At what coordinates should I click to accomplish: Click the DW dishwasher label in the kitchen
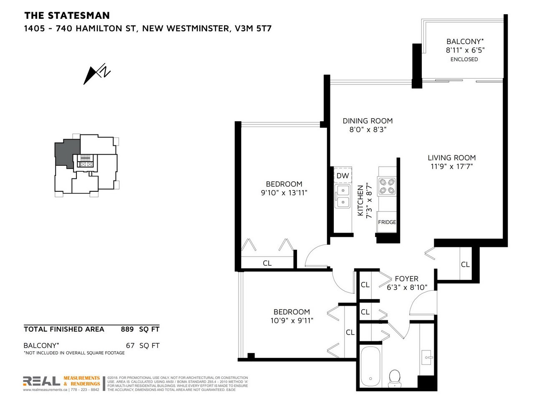(x=343, y=175)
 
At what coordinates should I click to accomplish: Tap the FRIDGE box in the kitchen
(x=387, y=222)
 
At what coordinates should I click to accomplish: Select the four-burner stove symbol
(x=387, y=186)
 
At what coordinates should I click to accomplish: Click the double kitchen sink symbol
(x=343, y=196)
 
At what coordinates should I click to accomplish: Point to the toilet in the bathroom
(x=394, y=379)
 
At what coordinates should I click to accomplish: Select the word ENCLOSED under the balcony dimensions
(x=464, y=59)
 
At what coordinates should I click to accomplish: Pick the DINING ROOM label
(x=368, y=121)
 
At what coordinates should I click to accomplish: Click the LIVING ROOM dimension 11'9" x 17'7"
(x=451, y=167)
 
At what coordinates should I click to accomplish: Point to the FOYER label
(x=406, y=279)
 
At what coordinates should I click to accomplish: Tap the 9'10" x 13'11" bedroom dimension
(x=284, y=193)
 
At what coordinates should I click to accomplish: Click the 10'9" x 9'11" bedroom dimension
(x=292, y=320)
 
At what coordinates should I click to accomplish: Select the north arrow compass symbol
(x=97, y=74)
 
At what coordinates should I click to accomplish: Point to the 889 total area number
(x=127, y=329)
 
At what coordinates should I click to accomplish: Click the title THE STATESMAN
(x=67, y=15)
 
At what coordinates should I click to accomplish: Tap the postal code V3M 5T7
(x=253, y=28)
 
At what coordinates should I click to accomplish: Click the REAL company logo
(x=42, y=381)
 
